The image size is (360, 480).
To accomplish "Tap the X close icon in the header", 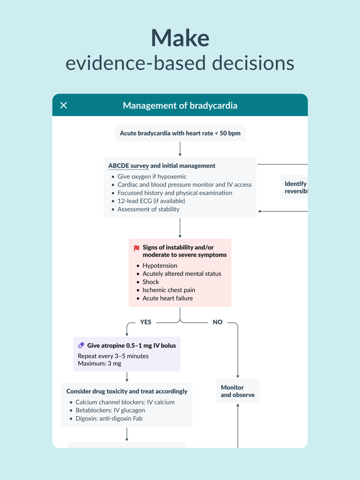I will click(x=64, y=105).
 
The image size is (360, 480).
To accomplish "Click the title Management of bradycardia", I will click(x=180, y=105).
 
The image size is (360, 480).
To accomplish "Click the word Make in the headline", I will click(x=180, y=37).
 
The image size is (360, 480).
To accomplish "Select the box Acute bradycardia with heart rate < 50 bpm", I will click(x=180, y=133).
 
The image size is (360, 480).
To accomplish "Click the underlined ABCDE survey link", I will click(x=128, y=166).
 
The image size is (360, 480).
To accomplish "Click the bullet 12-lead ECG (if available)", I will click(x=151, y=201).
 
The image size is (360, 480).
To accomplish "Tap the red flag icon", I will click(x=137, y=248).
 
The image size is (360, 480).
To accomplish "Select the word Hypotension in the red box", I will click(x=160, y=266).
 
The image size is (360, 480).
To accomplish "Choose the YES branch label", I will click(x=146, y=322).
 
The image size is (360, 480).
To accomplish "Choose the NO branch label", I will click(x=218, y=322).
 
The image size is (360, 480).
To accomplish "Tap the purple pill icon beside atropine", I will click(x=81, y=346).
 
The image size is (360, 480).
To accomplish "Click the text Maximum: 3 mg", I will click(x=99, y=364).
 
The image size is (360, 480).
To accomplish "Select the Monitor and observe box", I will click(x=237, y=391).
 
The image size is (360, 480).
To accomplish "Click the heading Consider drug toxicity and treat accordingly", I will click(x=127, y=392).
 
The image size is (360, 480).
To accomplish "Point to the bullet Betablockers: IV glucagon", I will click(x=110, y=410).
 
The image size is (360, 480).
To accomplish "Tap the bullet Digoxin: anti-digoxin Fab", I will click(x=109, y=418).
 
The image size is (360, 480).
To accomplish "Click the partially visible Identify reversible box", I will click(x=295, y=187).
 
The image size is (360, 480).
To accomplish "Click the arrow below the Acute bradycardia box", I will click(x=180, y=149).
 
